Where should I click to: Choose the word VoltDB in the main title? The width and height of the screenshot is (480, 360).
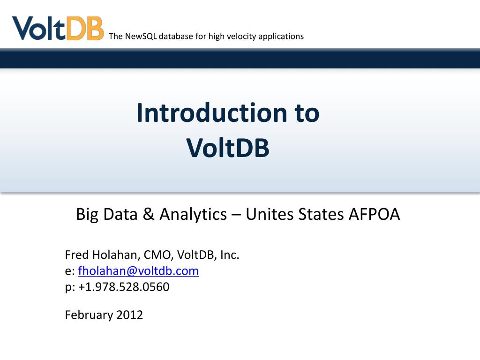(228, 148)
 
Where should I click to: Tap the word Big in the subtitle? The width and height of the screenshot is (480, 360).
(87, 214)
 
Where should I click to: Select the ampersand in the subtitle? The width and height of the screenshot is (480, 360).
(148, 214)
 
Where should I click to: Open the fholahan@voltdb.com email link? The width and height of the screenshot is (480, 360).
(138, 271)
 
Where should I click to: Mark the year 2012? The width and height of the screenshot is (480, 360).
(130, 315)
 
